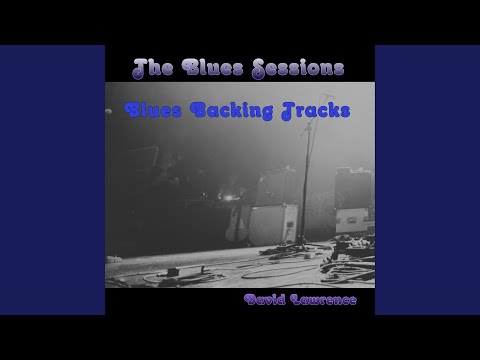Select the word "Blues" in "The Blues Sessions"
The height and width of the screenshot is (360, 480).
tap(207, 68)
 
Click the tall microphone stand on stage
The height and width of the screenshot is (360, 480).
tap(306, 200)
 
